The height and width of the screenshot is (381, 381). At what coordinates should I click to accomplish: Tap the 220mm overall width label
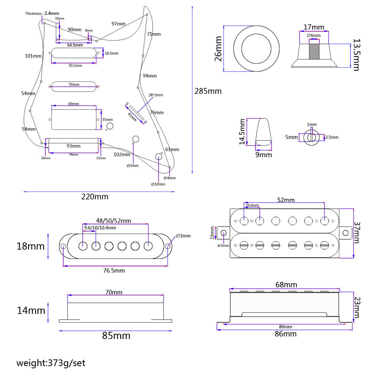click(x=95, y=197)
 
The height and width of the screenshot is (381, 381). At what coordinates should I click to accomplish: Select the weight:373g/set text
click(x=51, y=363)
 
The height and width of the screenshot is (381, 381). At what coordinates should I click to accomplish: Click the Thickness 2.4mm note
click(x=42, y=13)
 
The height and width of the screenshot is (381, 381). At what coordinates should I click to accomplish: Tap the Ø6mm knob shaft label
click(x=314, y=35)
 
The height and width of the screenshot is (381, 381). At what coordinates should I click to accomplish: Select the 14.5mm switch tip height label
click(x=243, y=132)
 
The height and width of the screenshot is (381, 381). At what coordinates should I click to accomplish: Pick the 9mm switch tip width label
click(x=263, y=154)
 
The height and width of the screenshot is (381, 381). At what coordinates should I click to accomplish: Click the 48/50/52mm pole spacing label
click(x=113, y=221)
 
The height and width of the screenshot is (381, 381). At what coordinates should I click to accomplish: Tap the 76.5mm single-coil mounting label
click(x=114, y=270)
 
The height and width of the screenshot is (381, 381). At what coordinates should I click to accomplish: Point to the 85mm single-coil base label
click(x=116, y=336)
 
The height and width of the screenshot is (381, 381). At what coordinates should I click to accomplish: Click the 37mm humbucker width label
click(x=357, y=233)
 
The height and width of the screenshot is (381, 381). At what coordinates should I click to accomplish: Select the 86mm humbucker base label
click(x=285, y=334)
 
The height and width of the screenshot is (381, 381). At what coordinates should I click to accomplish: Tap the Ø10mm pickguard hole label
click(x=158, y=184)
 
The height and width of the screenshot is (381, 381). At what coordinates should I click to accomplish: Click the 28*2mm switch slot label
click(x=156, y=95)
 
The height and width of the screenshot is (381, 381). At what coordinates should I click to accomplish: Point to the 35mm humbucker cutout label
click(x=108, y=120)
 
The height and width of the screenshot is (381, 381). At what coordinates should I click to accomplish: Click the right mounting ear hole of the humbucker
click(x=346, y=233)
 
